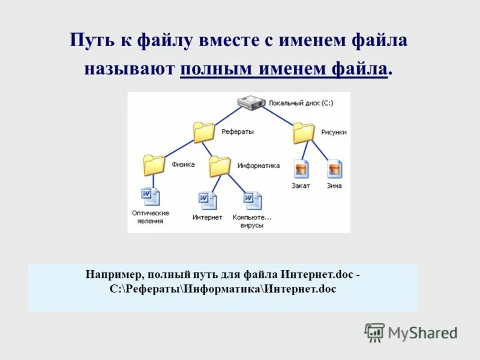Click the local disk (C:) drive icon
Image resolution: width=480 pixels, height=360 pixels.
click(x=250, y=103)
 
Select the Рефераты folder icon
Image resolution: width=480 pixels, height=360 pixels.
click(x=204, y=132)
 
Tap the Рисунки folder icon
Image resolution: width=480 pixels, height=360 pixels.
click(x=303, y=133)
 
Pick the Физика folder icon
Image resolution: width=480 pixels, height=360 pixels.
click(x=154, y=164)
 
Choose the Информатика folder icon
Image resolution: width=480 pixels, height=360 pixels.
click(x=220, y=166)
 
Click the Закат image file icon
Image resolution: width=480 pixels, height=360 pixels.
click(x=301, y=169)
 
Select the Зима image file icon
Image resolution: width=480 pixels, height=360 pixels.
click(x=334, y=169)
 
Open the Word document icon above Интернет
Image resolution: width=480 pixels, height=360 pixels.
click(x=208, y=200)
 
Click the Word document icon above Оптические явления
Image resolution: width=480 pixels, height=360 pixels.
click(x=151, y=197)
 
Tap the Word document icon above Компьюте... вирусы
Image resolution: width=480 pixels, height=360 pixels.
click(x=253, y=200)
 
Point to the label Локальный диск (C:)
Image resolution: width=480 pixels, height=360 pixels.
click(x=301, y=103)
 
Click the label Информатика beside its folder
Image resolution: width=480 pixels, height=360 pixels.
click(x=259, y=166)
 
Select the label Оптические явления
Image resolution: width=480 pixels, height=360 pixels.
click(x=151, y=217)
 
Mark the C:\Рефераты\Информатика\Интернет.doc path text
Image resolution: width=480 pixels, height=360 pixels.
click(x=223, y=289)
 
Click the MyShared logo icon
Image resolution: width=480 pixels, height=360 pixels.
click(x=374, y=332)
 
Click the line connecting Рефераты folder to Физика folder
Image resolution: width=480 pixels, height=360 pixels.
click(x=174, y=148)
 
